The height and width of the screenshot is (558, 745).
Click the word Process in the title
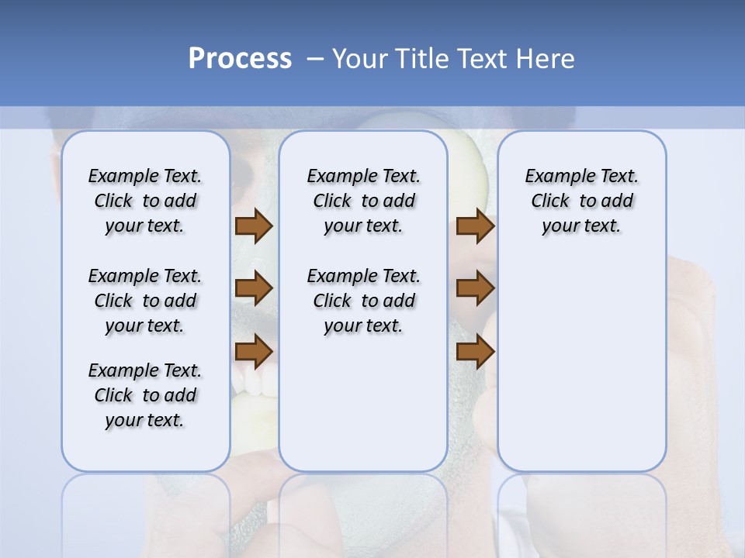pos(240,59)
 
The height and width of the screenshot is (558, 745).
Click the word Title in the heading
pos(422,59)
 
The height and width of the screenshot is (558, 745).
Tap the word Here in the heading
pos(546,59)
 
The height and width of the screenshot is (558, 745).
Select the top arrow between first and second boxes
pos(254,226)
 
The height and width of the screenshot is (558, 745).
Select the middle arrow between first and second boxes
pos(254,288)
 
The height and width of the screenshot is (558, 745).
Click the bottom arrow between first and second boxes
pos(254,352)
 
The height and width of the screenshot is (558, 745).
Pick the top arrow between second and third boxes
pos(475,226)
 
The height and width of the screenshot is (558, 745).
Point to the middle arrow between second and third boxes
pos(475,288)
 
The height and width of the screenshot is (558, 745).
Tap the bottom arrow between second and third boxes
pos(475,352)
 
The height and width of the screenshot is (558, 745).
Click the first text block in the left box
pos(145,201)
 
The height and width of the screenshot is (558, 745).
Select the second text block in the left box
pos(145,301)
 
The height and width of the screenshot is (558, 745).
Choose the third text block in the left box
pos(145,395)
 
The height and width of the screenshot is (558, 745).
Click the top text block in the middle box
pos(363,201)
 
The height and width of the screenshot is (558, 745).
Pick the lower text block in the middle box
pos(363,301)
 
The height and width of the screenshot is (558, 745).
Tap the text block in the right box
pos(581,201)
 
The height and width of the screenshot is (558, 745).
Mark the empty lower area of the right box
pos(581,372)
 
